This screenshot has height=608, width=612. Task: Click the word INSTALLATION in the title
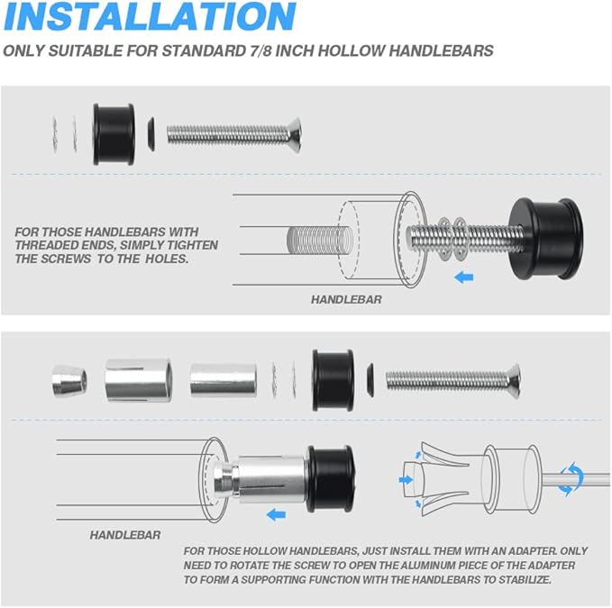[x=150, y=16]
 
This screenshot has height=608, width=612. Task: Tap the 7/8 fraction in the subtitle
[x=261, y=51]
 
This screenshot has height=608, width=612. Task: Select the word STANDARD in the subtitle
[x=204, y=51]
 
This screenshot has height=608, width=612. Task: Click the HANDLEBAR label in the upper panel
[x=346, y=300]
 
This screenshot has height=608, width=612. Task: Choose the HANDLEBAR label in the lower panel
[x=125, y=535]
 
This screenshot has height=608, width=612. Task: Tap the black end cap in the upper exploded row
[x=114, y=134]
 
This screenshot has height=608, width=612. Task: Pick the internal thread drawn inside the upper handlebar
[x=319, y=239]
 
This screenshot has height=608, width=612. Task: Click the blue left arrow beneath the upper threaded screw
[x=464, y=277]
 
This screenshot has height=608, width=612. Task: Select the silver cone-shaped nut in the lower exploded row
[x=69, y=381]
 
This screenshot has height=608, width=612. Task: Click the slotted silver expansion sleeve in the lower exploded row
[x=139, y=381]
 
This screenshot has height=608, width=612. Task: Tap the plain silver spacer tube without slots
[x=224, y=380]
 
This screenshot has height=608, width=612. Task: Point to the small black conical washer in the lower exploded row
[x=370, y=380]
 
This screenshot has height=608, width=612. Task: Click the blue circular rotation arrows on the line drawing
[x=571, y=478]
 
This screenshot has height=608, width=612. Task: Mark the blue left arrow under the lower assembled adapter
[x=277, y=515]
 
